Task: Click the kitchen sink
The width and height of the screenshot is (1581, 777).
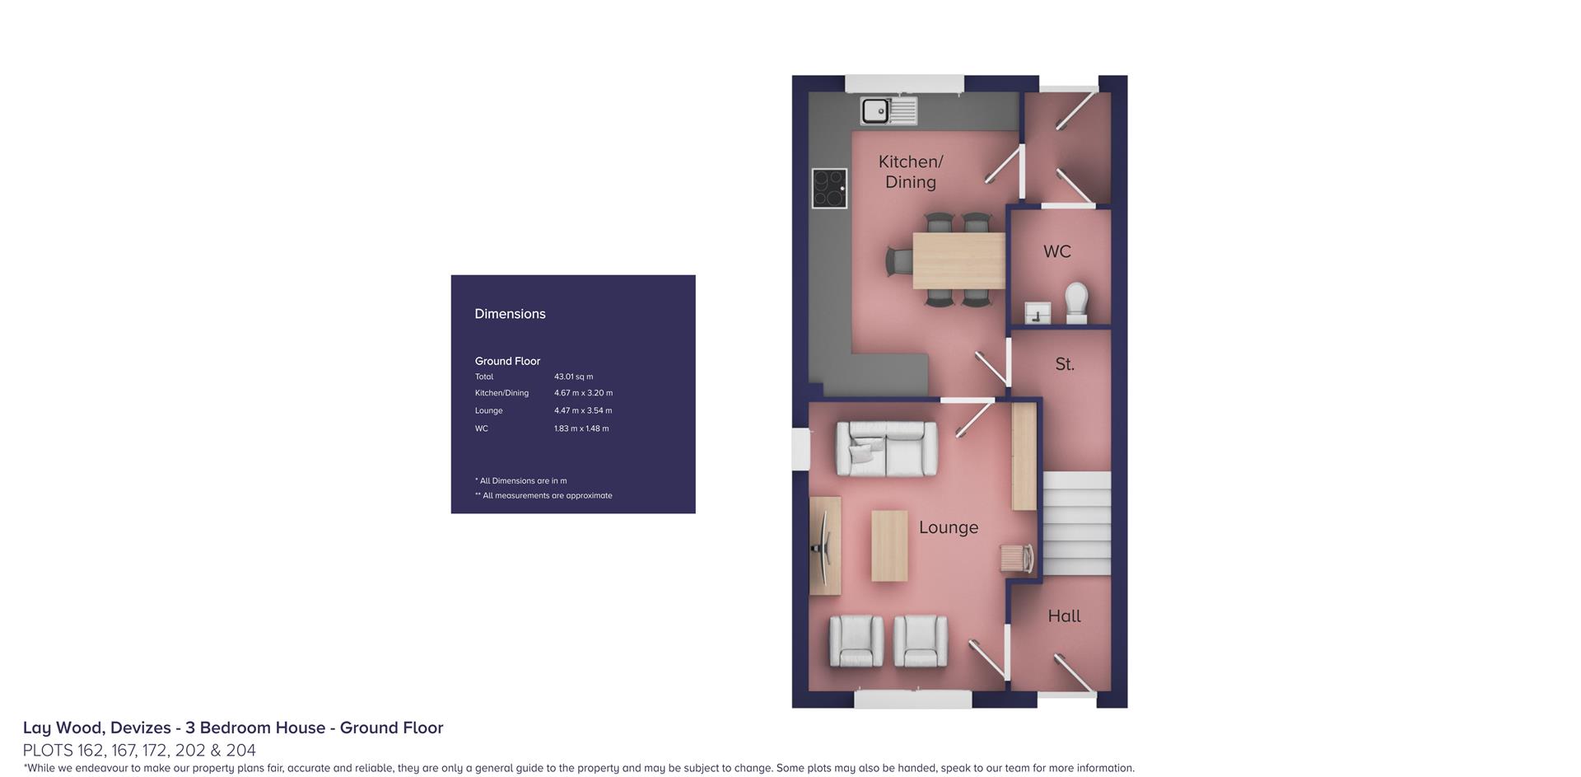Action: [888, 110]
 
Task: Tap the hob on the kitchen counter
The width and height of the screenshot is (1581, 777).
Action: [829, 189]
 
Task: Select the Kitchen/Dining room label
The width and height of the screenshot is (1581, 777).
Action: [911, 171]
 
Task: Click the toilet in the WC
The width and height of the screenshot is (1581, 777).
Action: [1076, 302]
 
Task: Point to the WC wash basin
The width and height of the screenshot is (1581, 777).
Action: [1038, 313]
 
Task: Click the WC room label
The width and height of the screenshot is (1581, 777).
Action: [1057, 251]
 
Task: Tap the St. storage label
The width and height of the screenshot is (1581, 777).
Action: [1065, 364]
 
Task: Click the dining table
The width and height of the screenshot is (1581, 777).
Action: [958, 260]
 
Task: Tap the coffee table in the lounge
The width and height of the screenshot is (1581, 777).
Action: [889, 545]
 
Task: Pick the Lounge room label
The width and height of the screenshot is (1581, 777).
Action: [949, 527]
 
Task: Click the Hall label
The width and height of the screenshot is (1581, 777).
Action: [1064, 616]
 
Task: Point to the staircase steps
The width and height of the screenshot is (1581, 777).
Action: [1077, 523]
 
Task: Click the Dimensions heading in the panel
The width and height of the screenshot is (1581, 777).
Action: [510, 314]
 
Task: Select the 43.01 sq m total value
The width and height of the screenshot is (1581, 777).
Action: [573, 377]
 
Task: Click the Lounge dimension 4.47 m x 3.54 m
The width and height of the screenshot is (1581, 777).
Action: [583, 410]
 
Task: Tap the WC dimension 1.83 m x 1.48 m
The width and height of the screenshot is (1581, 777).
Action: [581, 428]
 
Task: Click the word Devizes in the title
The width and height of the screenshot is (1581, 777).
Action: [140, 728]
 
